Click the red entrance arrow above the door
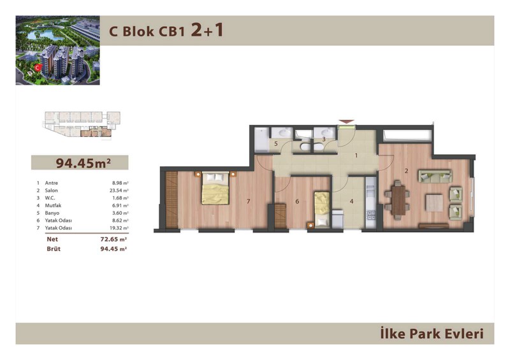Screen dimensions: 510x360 click(x=346, y=122)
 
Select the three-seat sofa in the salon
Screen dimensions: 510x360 click(x=435, y=176)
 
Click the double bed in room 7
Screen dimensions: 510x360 click(x=215, y=189)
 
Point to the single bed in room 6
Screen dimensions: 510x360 click(x=322, y=210)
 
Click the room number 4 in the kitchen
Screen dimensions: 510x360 click(x=352, y=201)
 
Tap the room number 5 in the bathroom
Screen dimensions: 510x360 click(x=276, y=144)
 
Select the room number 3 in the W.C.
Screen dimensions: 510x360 click(x=324, y=139)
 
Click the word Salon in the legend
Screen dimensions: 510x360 click(x=52, y=191)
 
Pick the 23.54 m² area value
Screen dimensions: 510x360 click(x=119, y=191)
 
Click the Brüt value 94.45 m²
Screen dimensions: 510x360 click(x=113, y=248)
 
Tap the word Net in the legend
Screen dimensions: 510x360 click(x=52, y=239)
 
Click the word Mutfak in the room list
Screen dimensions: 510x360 click(x=53, y=206)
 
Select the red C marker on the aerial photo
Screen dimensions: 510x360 click(x=38, y=68)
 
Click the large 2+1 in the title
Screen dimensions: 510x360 click(x=207, y=30)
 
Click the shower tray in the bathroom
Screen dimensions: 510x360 click(x=261, y=140)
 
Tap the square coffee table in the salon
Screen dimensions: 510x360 click(x=434, y=203)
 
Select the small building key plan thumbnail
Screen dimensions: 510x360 click(x=82, y=124)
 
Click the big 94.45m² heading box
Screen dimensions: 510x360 click(x=80, y=162)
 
